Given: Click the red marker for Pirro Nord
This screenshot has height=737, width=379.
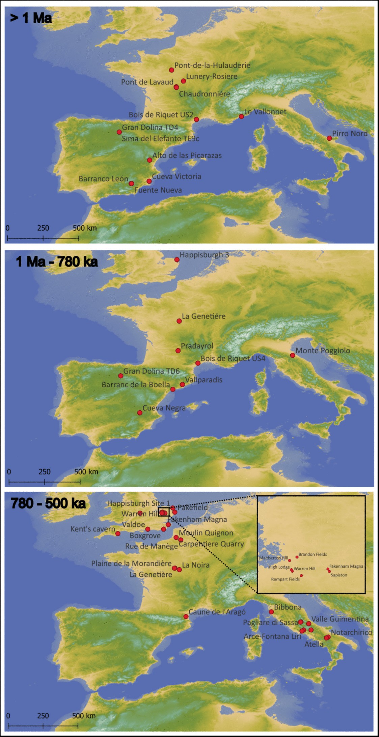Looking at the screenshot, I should tap(329, 138).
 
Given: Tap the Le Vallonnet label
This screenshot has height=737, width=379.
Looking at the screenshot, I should tap(265, 112).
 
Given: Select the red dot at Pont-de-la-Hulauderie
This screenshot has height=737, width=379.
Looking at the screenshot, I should tap(171, 70).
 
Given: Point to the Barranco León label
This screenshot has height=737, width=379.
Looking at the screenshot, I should tap(103, 179).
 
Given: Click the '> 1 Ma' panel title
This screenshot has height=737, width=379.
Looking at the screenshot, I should tap(31, 18).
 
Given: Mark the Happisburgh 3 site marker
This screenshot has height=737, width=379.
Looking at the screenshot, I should tap(177, 260).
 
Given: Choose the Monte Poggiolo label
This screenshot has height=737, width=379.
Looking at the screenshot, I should tap(323, 351).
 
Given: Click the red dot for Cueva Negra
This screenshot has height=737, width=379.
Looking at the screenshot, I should tap(140, 413).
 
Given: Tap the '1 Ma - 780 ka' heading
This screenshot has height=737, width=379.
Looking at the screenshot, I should tap(57, 262).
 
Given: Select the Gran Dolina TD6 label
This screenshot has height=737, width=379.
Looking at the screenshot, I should tap(151, 371).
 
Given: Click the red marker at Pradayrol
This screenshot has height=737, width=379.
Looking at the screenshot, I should tap(178, 351).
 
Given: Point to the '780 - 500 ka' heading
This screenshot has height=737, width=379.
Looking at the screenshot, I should tap(48, 503).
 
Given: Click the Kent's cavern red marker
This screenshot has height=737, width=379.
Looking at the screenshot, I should tap(118, 534).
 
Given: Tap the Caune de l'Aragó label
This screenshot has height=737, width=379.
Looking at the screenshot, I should tap(217, 612).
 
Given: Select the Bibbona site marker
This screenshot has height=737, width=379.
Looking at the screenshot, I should tap(271, 612).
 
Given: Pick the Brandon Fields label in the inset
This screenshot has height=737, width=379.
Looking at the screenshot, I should tap(313, 554).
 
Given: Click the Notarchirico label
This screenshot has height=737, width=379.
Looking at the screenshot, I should tap(351, 632).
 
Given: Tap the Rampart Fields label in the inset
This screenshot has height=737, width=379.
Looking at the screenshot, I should tap(285, 579).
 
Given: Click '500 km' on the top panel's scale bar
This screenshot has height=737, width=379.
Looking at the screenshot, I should tap(85, 228).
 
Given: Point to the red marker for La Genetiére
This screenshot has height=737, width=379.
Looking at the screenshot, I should tap(179, 321).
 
